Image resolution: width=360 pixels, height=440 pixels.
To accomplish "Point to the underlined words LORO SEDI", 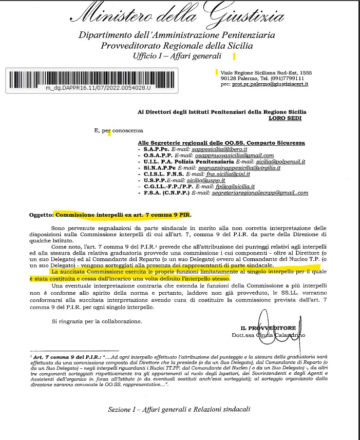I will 285,118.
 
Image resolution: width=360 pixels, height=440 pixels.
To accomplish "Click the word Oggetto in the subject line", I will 41,215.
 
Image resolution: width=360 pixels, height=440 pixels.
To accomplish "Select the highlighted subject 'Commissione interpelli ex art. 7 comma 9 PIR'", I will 125,215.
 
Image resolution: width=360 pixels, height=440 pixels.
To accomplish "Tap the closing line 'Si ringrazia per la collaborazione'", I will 97,321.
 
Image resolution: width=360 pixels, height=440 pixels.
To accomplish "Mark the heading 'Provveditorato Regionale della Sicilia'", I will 177,45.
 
